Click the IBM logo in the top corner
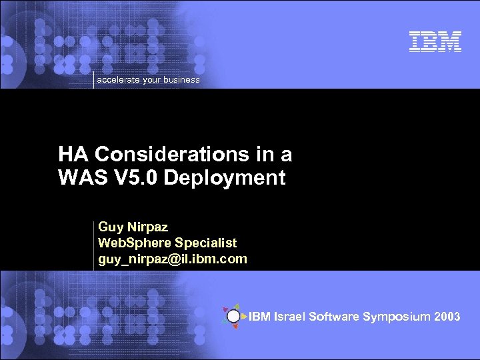[435, 42]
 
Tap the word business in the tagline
[182, 80]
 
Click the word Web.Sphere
[130, 243]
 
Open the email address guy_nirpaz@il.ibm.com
[173, 259]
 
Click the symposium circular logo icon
[233, 316]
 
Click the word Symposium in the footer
[396, 317]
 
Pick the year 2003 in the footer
[447, 317]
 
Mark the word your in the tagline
[153, 80]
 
